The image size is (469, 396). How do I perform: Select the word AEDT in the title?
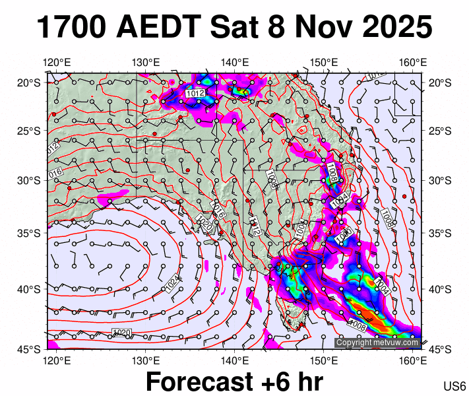[158, 28]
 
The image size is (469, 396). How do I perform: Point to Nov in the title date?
[320, 28]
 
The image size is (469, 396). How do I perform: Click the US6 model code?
[454, 386]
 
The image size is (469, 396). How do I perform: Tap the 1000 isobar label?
[344, 238]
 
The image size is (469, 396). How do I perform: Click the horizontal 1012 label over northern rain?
[195, 94]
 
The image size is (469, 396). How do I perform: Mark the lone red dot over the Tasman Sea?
[404, 195]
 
